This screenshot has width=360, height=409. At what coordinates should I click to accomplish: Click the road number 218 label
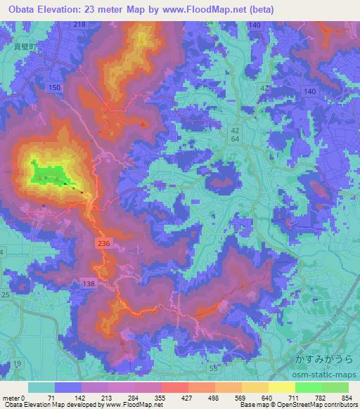tap(79, 25)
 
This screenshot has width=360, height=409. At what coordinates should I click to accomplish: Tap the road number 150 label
tap(50, 86)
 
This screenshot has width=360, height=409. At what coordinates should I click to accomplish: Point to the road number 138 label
tap(88, 283)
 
